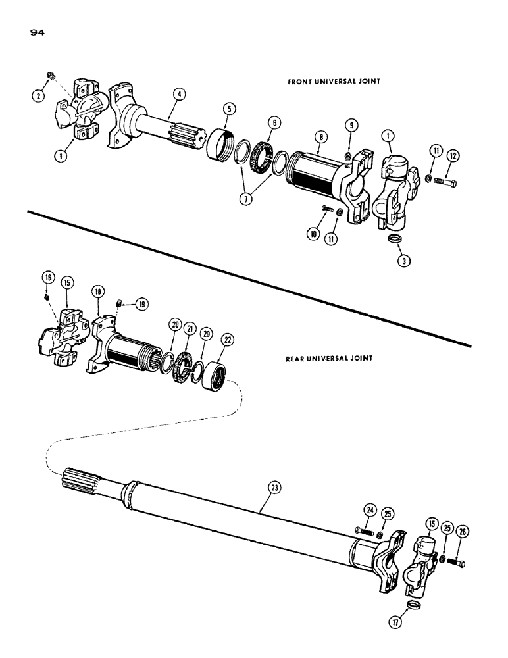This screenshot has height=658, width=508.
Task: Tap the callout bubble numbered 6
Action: click(273, 121)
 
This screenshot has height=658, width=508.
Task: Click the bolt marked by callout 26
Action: click(458, 563)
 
